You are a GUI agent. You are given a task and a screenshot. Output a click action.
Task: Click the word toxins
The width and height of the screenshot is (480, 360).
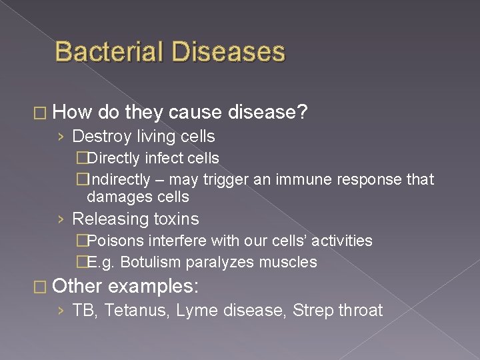pos(176,219)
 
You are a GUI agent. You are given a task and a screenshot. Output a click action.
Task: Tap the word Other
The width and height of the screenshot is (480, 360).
pos(77,287)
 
